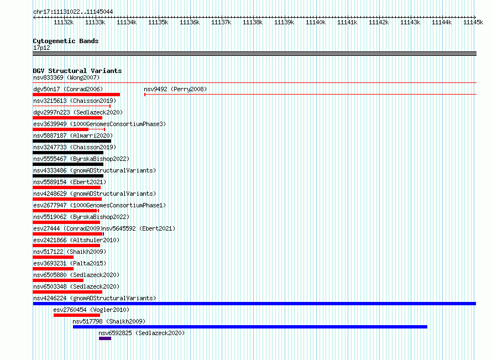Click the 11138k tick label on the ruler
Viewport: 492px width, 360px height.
pos(253,22)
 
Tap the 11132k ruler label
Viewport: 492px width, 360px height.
pos(64,22)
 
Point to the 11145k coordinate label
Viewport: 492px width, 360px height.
pos(473,22)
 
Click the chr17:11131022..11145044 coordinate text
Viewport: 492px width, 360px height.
pos(73,12)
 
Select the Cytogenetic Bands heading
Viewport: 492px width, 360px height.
pos(66,41)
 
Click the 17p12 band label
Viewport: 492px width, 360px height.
pos(41,48)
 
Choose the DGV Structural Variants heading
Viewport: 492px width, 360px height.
pos(77,71)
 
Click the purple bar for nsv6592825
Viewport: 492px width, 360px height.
pos(105,338)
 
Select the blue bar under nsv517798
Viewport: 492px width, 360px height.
pos(250,327)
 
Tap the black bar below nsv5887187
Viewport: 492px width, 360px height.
pos(72,141)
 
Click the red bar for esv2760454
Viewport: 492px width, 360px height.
pos(77,315)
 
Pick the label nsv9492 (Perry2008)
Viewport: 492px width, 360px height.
pos(175,89)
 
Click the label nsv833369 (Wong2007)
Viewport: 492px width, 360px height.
pos(66,77)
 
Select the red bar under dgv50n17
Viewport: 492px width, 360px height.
pos(76,95)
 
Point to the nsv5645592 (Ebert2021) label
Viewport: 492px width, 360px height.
pos(139,228)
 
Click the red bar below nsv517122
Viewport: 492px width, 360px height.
pos(53,257)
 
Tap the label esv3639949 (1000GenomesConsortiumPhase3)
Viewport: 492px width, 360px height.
pos(100,124)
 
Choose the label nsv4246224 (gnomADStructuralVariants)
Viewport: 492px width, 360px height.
pos(95,298)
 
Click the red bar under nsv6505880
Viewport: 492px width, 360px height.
pos(58,280)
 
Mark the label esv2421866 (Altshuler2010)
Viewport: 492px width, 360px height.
pos(76,240)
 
